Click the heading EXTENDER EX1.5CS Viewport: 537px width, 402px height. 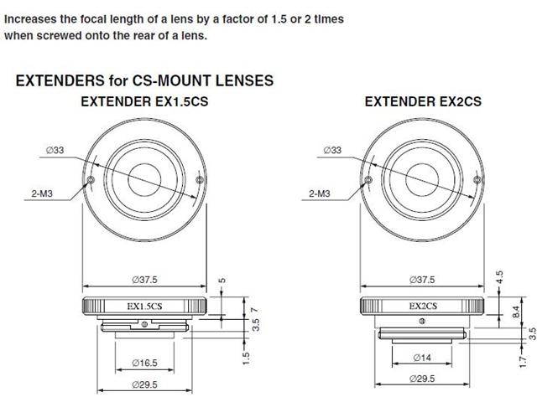(x=143, y=101)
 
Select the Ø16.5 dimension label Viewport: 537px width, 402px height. (x=145, y=363)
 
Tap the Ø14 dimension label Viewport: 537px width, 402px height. (x=422, y=358)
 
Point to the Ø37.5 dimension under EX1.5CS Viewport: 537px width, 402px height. (x=145, y=279)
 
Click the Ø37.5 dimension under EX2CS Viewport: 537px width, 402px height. (x=422, y=279)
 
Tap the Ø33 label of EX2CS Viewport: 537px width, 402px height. (x=331, y=150)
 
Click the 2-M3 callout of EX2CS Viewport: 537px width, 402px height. (x=319, y=193)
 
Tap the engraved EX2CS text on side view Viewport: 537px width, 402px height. (x=422, y=307)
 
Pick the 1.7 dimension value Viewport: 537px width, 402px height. (x=520, y=361)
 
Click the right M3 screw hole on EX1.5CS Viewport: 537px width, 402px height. (x=198, y=179)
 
